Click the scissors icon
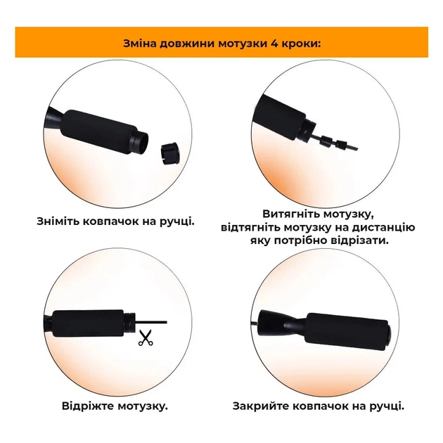146,338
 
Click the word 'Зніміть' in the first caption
63,221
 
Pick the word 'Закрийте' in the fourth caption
263,406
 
